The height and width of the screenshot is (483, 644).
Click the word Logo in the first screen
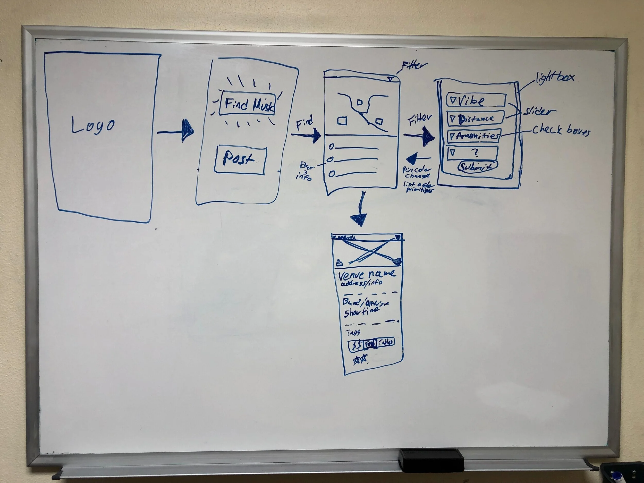click(x=92, y=125)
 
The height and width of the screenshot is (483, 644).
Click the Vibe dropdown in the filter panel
click(x=476, y=100)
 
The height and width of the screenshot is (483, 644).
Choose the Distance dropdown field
click(x=475, y=118)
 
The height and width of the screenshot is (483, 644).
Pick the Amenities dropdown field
click(x=474, y=136)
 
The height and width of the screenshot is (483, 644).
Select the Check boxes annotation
click(x=561, y=131)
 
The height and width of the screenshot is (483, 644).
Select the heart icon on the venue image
click(x=396, y=261)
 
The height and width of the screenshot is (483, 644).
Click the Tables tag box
click(x=386, y=342)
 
